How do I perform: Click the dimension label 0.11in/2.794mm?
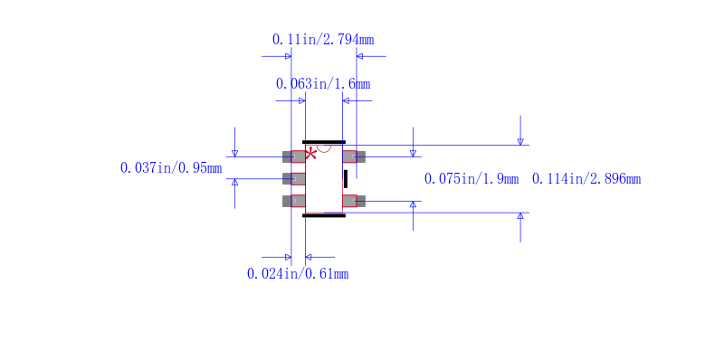tap(323, 40)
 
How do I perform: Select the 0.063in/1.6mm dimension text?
tap(323, 84)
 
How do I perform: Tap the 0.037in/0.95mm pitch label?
tap(171, 168)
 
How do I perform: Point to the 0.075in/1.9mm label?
tap(472, 178)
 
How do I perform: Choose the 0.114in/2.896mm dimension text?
tap(586, 178)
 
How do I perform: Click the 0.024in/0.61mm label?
tap(298, 274)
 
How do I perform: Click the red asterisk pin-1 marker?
tap(310, 154)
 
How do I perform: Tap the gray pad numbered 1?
tap(294, 156)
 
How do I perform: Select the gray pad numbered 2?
tap(294, 178)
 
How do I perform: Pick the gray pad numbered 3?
tap(294, 201)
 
